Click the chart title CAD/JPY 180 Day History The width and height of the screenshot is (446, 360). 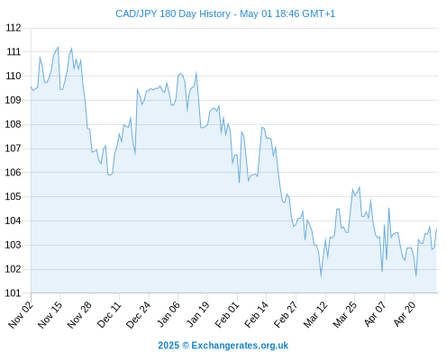[x=173, y=13]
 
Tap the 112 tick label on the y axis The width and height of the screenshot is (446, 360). [x=14, y=28]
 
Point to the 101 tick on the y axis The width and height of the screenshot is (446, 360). [x=14, y=293]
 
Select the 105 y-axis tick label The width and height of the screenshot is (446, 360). [x=14, y=196]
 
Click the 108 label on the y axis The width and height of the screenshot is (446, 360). [x=14, y=124]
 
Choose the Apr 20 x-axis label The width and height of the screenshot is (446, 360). [x=405, y=314]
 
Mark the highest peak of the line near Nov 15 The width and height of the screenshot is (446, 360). [x=58, y=47]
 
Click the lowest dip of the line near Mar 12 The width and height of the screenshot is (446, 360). [x=321, y=276]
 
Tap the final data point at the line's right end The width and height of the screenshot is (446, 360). [x=436, y=229]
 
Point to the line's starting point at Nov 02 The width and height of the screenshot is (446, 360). [x=31, y=86]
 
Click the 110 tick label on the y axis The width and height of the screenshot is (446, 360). [x=14, y=76]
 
